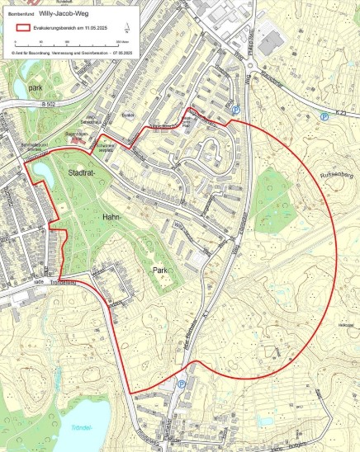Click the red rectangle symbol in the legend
(22, 27)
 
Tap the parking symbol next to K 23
(324, 117)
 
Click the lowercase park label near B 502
(33, 87)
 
